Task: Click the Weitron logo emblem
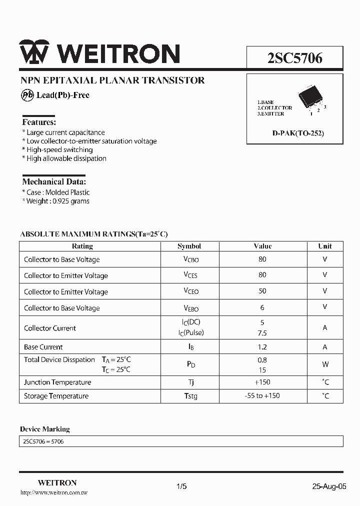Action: [x=34, y=52]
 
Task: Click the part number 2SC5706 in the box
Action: [x=294, y=58]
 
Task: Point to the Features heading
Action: [x=39, y=122]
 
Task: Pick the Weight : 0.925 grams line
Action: [x=56, y=201]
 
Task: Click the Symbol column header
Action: [x=189, y=246]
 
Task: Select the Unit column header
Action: [x=325, y=246]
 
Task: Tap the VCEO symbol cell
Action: [x=191, y=291]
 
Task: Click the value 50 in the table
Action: [x=262, y=291]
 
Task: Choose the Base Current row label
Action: [x=43, y=347]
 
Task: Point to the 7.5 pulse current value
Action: [x=262, y=333]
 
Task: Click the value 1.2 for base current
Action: [x=262, y=347]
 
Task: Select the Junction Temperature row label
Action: [x=57, y=382]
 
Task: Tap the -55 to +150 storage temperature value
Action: [x=262, y=396]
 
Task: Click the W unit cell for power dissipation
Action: [x=325, y=364]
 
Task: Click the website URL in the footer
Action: [x=54, y=493]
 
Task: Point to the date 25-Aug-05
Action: [x=329, y=486]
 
